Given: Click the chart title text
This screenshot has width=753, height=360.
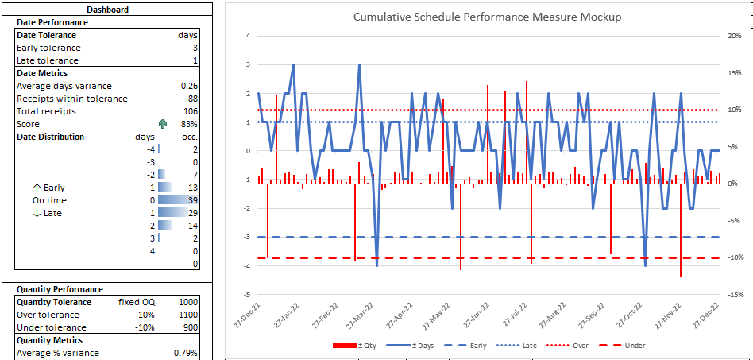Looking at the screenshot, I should click(487, 17).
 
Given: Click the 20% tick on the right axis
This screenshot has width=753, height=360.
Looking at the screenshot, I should click(735, 36).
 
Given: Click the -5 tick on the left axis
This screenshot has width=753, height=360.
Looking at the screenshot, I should click(248, 294).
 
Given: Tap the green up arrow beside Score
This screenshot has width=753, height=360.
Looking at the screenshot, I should click(163, 124).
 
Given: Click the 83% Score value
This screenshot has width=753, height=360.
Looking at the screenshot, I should click(189, 124).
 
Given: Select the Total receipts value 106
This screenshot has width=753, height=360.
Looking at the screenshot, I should click(190, 111).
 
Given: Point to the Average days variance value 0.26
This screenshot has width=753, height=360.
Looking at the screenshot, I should click(189, 86).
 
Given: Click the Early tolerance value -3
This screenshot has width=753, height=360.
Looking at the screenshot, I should click(193, 48).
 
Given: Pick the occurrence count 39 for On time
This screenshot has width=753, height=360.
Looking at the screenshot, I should click(192, 200).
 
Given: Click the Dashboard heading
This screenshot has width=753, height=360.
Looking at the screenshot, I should click(108, 10).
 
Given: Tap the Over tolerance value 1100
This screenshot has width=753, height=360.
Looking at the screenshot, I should click(187, 315).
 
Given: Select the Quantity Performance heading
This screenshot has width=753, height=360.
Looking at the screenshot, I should click(60, 289).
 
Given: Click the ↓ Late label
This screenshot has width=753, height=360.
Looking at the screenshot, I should click(47, 213).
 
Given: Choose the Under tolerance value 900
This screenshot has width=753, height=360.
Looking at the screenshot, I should click(190, 327).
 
